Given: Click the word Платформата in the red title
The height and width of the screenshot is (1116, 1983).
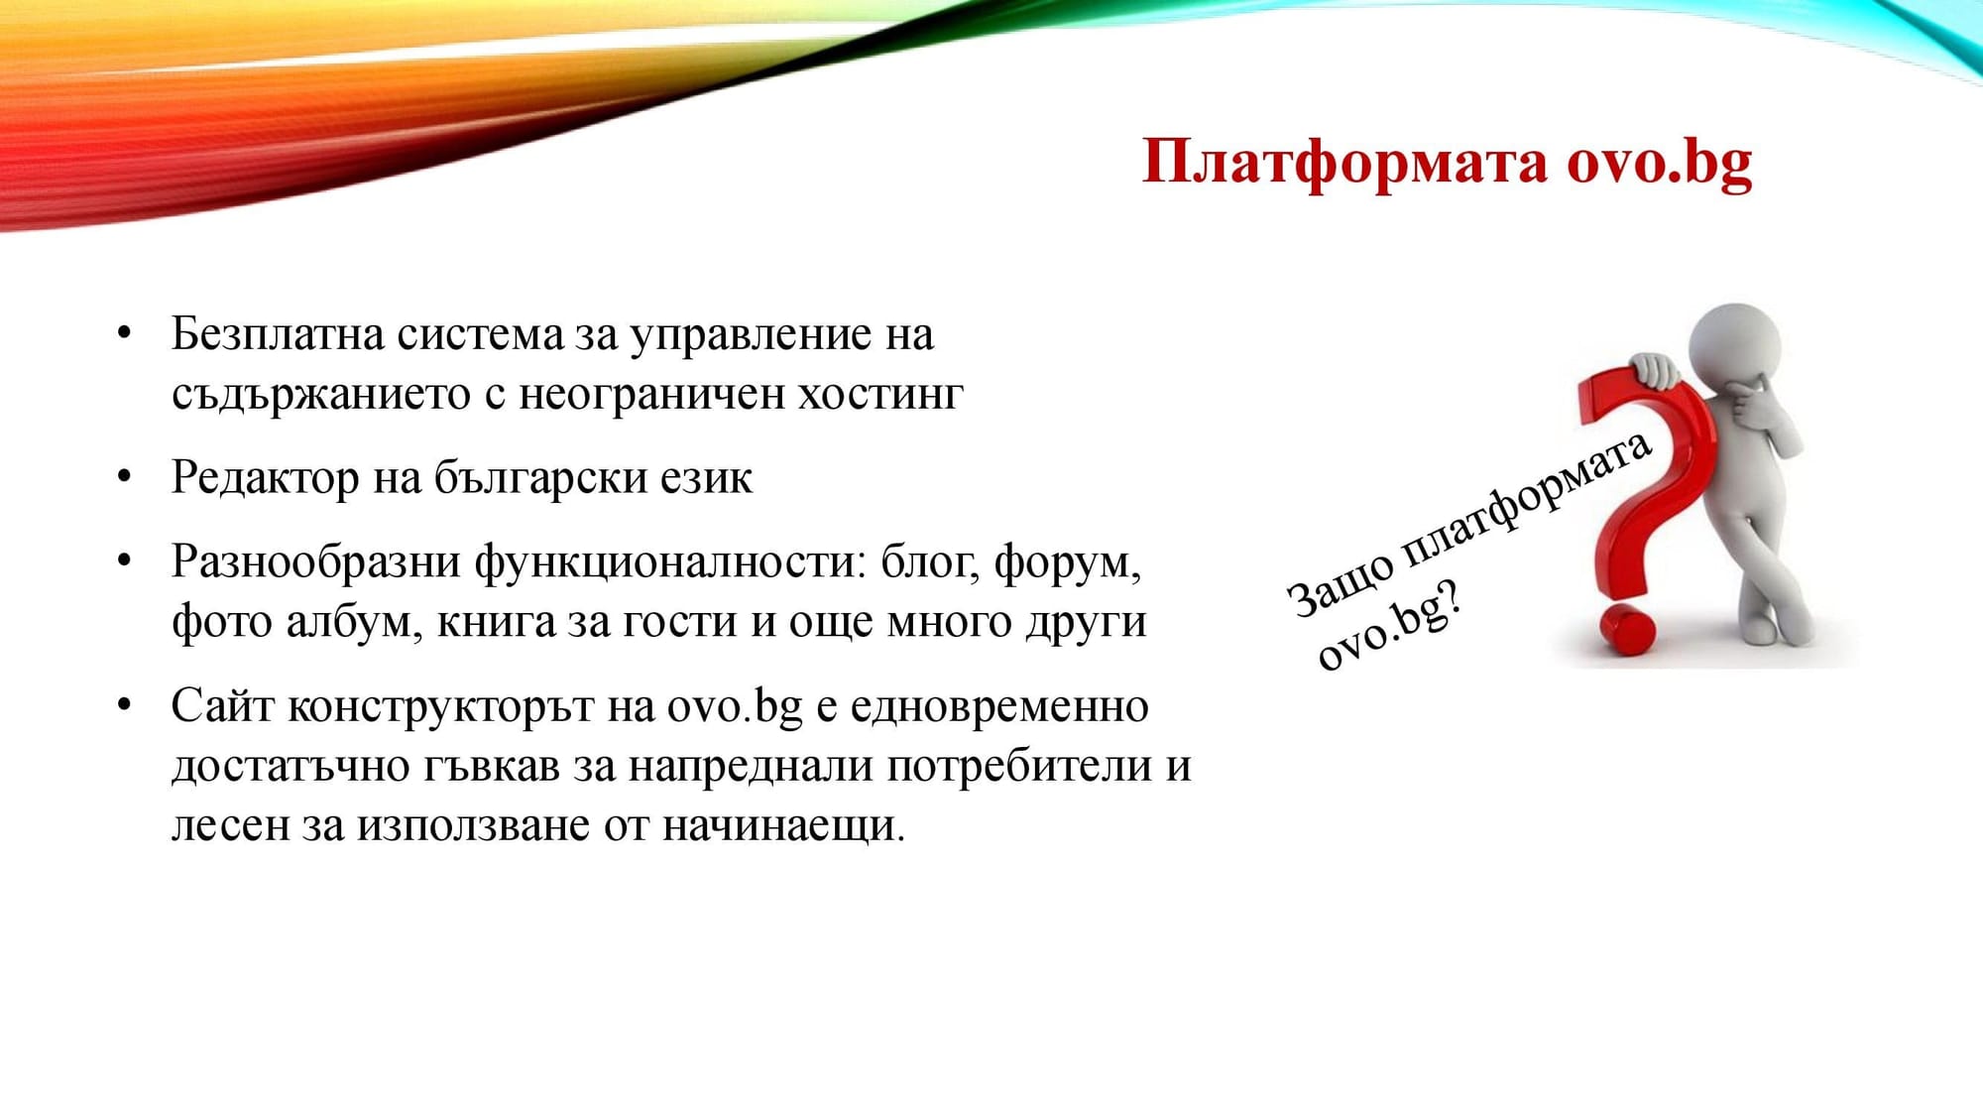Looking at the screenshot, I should pos(1343,163).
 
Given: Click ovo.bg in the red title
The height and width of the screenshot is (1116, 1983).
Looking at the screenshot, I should pos(1659,163).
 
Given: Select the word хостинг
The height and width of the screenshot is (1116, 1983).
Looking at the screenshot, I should pos(880,395).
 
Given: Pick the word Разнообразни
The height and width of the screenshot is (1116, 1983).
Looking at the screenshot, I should pos(315,562).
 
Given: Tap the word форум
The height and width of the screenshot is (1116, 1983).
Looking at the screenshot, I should pos(1066,562).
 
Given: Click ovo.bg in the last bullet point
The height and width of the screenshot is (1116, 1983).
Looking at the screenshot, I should pos(734,706).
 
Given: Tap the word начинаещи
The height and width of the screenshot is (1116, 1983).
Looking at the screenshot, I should pos(782,825).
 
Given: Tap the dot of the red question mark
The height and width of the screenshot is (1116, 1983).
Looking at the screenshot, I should pos(1625,631).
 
